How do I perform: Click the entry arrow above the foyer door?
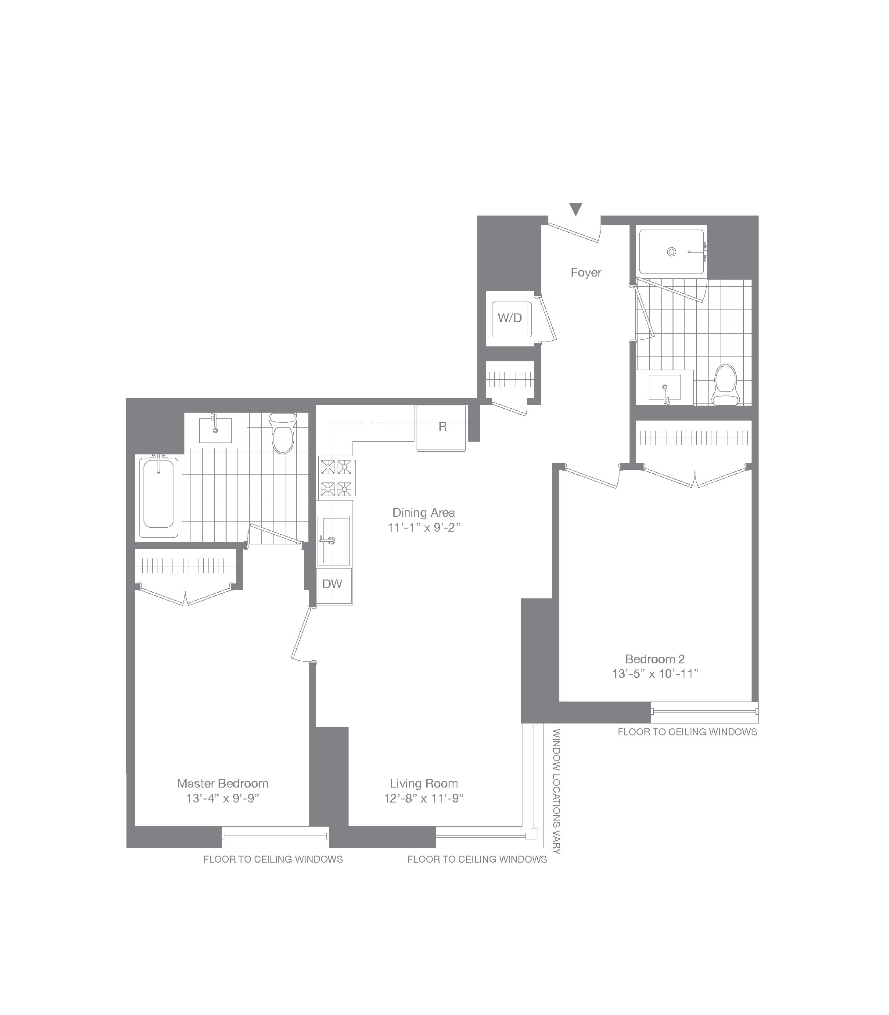576,209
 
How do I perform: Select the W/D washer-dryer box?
510,318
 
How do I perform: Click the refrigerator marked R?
442,427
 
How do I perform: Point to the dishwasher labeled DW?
332,584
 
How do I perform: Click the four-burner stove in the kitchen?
336,478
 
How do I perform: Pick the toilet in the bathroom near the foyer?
725,385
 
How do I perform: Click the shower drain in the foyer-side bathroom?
671,252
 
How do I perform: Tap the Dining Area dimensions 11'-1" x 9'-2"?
424,527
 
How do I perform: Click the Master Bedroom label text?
222,783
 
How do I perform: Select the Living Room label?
424,783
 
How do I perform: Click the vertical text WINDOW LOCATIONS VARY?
557,791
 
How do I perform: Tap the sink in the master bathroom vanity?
215,430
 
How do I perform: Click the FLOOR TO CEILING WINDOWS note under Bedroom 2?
687,732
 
